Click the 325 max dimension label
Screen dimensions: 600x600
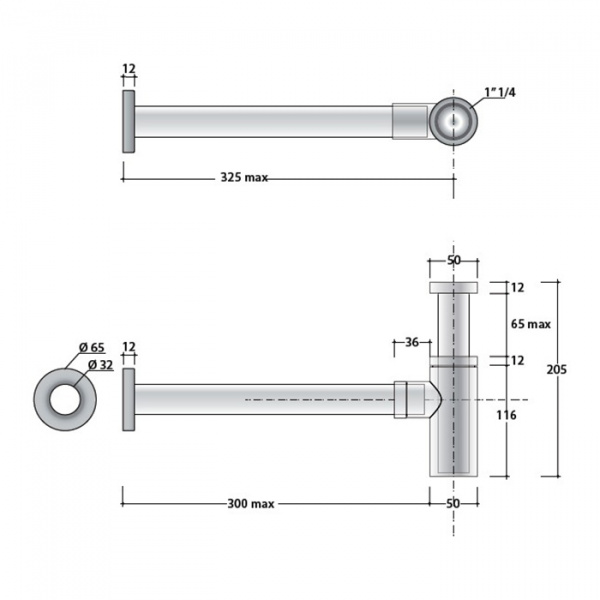(x=244, y=178)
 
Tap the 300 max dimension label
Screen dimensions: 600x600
(x=250, y=503)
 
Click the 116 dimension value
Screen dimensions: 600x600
(x=506, y=415)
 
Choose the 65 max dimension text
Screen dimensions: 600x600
(x=531, y=324)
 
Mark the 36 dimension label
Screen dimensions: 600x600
(x=411, y=342)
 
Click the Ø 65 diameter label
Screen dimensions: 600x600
(x=91, y=347)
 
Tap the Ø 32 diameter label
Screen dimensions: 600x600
(x=98, y=364)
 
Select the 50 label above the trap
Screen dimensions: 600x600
(x=453, y=260)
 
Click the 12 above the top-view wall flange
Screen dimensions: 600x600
(x=128, y=70)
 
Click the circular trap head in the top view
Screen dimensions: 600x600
(x=453, y=121)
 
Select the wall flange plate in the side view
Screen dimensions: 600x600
(x=128, y=399)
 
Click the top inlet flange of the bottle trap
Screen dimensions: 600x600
(x=453, y=288)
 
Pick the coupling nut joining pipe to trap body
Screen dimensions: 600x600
(x=407, y=399)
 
